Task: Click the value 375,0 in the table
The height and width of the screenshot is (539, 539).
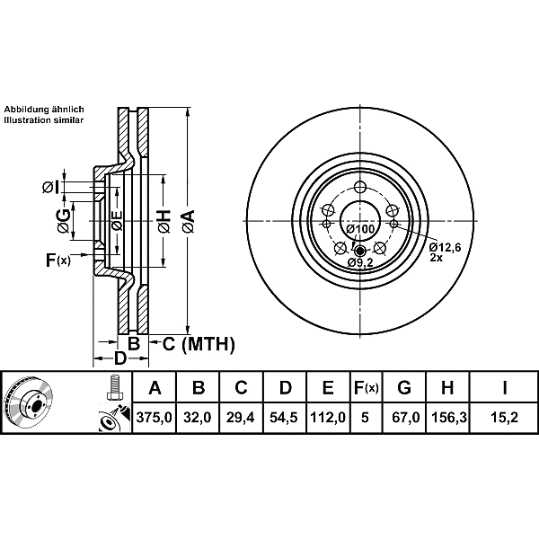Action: [x=154, y=418]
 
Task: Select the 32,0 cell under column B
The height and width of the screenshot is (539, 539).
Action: [x=198, y=418]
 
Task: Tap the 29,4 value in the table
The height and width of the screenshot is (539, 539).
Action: [x=240, y=418]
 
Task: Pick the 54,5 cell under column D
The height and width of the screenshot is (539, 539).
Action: [x=284, y=418]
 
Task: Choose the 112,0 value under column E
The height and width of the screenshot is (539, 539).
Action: [x=328, y=418]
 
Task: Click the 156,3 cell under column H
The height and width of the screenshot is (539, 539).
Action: [x=448, y=418]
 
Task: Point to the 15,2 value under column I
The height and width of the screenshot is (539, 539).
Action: [x=504, y=418]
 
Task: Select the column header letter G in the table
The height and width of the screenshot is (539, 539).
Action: [x=404, y=387]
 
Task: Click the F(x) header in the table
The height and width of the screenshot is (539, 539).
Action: [x=367, y=388]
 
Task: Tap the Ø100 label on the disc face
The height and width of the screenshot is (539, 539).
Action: [x=360, y=229]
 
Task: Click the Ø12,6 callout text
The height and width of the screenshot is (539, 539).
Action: [x=446, y=247]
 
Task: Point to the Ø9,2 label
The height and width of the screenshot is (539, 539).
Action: [x=360, y=262]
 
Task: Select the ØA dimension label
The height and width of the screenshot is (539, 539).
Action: [x=189, y=222]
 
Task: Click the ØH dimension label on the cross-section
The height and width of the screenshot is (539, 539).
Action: [x=164, y=221]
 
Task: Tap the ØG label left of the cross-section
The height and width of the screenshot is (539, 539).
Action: [x=64, y=221]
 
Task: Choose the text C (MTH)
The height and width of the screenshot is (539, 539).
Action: [x=199, y=344]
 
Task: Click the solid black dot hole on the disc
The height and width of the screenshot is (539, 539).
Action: [x=360, y=251]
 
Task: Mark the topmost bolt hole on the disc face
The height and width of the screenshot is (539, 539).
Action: [x=360, y=188]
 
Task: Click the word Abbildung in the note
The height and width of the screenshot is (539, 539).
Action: [x=26, y=110]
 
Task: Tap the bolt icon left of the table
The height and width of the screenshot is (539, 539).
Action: [x=113, y=387]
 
